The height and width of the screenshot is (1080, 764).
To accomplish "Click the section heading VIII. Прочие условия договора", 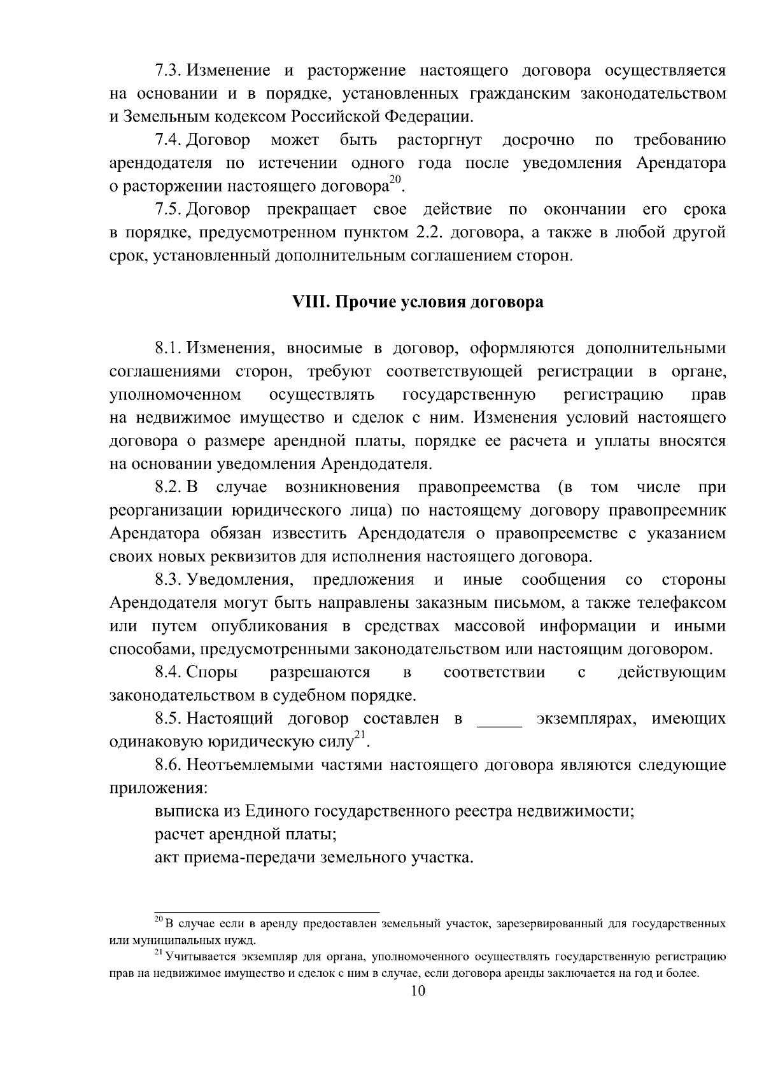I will click(417, 302).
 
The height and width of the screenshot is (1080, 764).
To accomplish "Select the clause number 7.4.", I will click(169, 139).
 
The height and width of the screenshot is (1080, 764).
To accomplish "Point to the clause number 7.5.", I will click(169, 209).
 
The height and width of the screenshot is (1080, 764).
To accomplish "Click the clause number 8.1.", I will click(169, 348).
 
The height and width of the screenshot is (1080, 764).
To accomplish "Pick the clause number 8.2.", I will click(169, 487).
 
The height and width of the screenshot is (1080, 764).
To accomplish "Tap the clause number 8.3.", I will click(169, 580).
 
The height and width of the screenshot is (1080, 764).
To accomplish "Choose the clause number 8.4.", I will click(169, 673).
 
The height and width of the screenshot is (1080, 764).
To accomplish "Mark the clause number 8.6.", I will click(169, 765).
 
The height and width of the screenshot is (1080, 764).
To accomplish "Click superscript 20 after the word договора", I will click(395, 181).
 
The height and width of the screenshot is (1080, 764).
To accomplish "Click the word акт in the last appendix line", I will click(167, 858).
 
